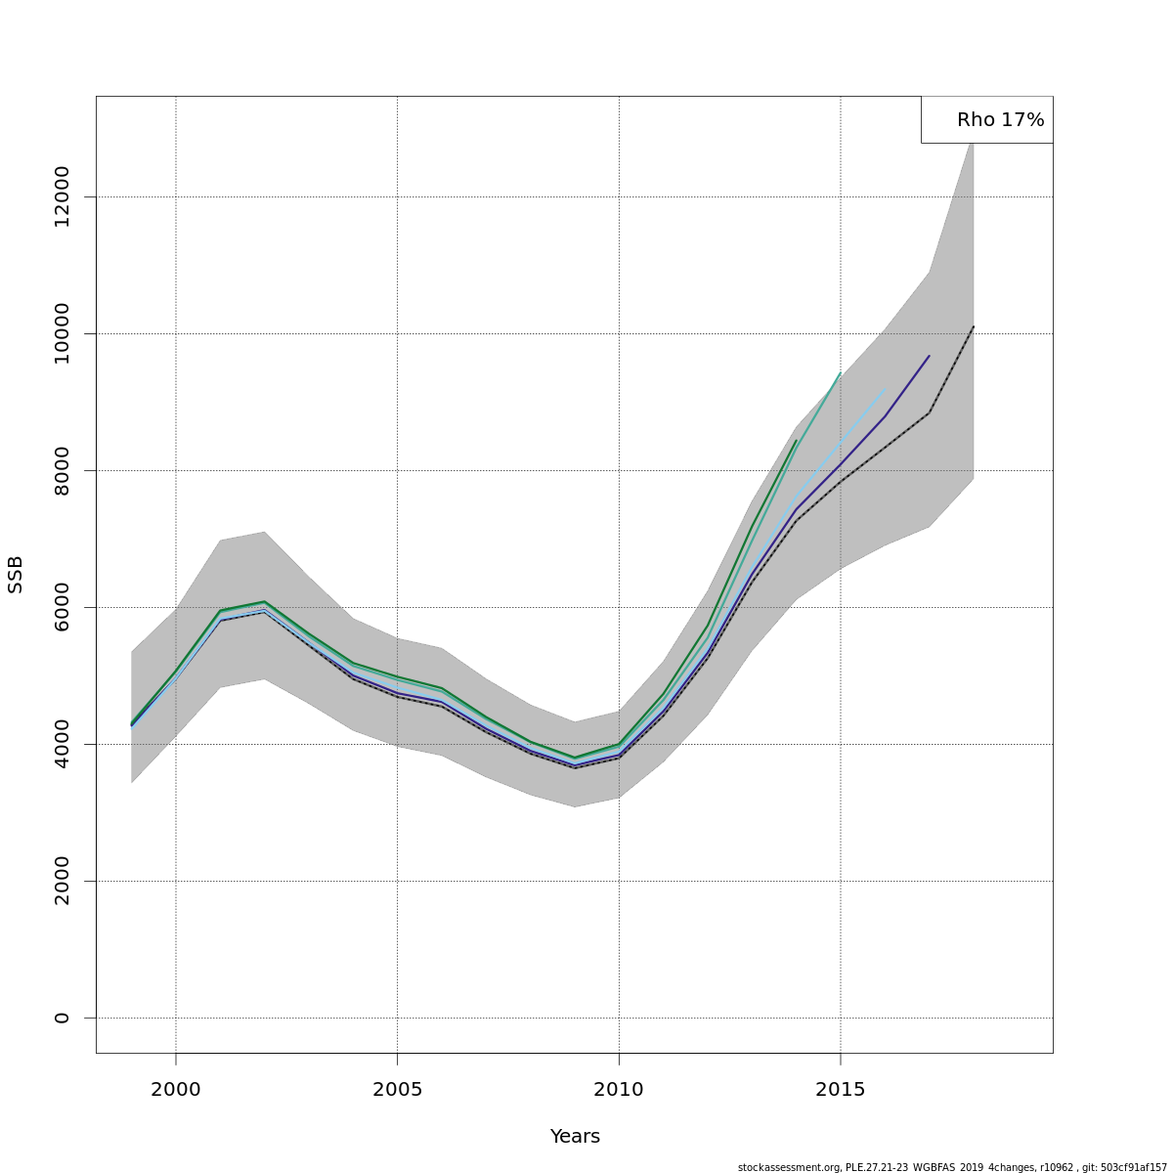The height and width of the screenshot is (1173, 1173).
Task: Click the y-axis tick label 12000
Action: coord(63,196)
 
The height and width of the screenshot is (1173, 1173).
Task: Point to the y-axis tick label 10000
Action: coord(63,333)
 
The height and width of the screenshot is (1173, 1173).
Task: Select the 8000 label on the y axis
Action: coord(63,470)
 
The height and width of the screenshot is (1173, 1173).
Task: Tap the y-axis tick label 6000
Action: coord(63,607)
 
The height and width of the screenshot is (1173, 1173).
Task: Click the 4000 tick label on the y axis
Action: coord(63,744)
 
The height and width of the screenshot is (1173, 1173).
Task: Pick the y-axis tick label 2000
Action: coord(63,881)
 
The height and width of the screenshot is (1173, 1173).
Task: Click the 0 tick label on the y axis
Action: coord(63,1018)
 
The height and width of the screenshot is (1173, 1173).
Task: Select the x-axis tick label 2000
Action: coord(176,1090)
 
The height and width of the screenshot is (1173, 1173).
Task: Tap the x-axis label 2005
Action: coord(397,1090)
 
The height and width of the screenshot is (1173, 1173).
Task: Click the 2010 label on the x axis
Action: coord(619,1090)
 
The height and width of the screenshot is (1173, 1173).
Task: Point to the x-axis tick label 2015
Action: coord(841,1090)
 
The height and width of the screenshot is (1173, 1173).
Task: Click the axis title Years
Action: coord(575,1137)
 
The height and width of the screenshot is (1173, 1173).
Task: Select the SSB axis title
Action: coord(16,575)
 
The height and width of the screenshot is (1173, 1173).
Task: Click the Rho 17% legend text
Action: coord(1000,120)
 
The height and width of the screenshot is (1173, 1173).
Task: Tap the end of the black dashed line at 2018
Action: coord(974,326)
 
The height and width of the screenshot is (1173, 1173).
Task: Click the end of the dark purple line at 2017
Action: coord(929,356)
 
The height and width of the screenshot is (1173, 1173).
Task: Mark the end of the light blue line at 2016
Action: coord(885,389)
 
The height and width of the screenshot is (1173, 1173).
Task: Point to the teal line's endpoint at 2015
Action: coord(841,372)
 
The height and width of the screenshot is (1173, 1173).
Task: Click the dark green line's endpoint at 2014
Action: coord(797,440)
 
